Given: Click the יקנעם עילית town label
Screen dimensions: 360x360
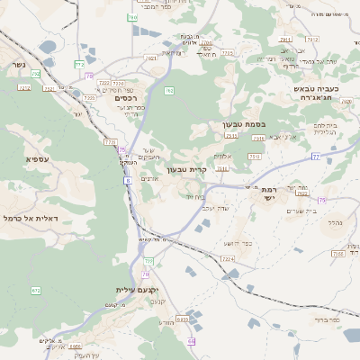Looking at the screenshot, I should click(137, 290).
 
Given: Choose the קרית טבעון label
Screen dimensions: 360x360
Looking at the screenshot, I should click(186, 168).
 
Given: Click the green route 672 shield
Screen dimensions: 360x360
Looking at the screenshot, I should click(36, 291).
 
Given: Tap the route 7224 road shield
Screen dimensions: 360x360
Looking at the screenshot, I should click(227, 258).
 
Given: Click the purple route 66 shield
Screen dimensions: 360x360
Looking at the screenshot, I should click(191, 341).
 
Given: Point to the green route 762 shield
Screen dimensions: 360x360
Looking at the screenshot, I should click(169, 90).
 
